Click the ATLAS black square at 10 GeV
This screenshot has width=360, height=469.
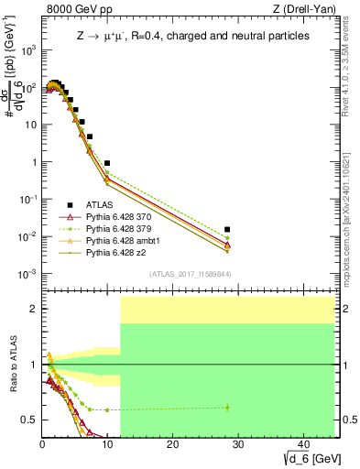[x=107, y=163]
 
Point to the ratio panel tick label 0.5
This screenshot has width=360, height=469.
[x=30, y=420]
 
